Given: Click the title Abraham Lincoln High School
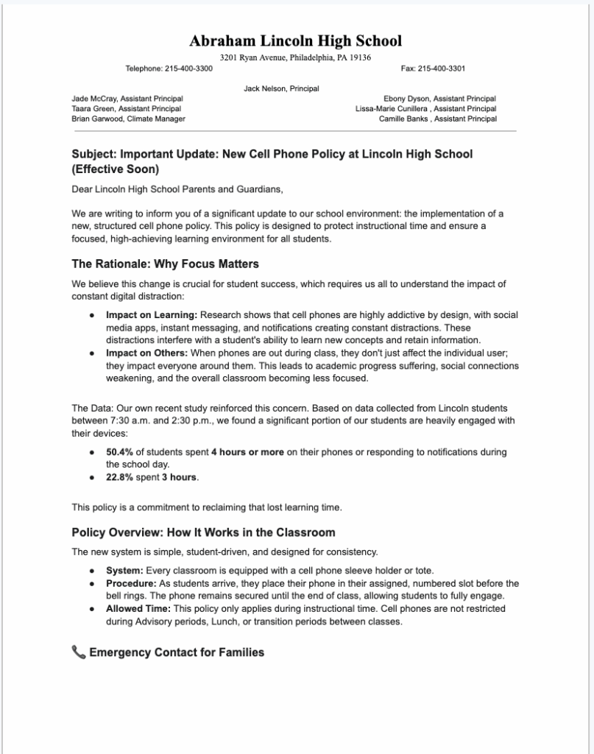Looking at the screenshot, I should pos(296,40).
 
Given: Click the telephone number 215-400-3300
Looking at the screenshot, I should pos(188,68).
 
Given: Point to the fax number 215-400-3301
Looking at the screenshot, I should pos(442,68).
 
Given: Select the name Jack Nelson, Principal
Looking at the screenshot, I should pos(281,88).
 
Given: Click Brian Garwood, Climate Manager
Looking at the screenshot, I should pos(128,119).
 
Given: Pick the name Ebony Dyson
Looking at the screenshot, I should pos(406,99).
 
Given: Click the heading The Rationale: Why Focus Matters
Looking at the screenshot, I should pos(165,264).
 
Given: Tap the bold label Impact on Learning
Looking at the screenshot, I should pos(152,315).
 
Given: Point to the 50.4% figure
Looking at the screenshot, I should pos(119,452).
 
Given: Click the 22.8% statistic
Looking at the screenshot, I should pos(119,477).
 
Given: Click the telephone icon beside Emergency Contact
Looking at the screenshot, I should pos(79,652).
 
